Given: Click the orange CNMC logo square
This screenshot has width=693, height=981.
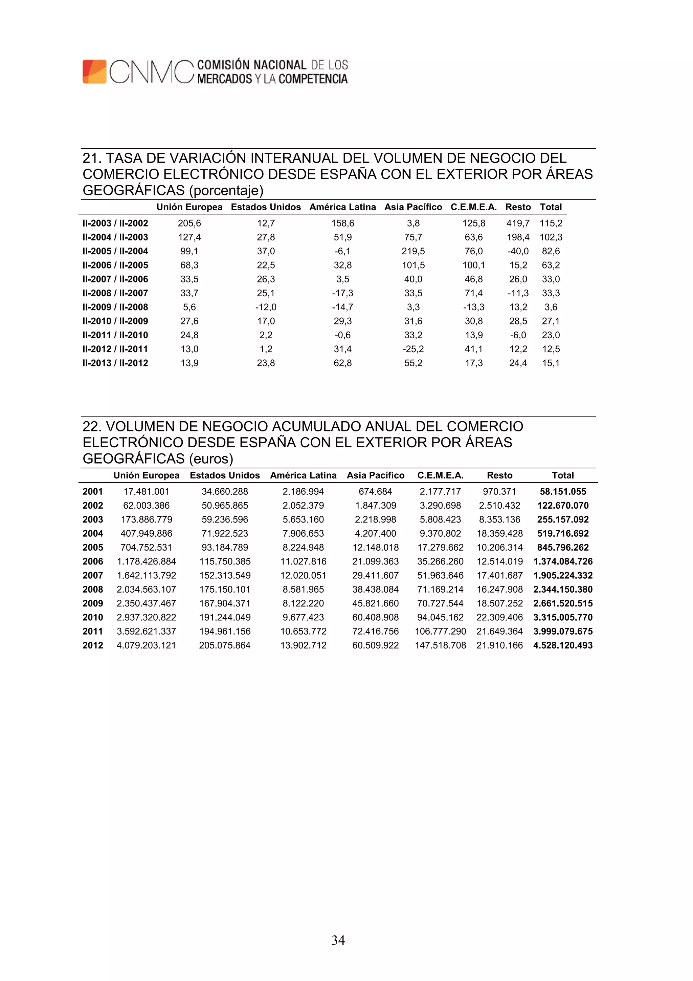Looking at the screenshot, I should tap(94, 71).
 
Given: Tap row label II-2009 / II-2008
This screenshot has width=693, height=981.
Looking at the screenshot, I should tap(115, 307).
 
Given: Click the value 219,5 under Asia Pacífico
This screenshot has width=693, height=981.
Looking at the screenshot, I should tap(413, 251).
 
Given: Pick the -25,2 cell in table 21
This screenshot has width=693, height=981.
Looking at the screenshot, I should tap(413, 349).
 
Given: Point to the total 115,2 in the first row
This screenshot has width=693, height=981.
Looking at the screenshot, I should tap(551, 223).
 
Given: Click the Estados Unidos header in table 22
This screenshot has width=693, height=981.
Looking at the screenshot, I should tap(225, 475).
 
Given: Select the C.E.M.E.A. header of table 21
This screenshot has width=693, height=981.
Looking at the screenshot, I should tap(473, 207).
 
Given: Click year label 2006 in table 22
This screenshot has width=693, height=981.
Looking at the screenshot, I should tap(93, 561).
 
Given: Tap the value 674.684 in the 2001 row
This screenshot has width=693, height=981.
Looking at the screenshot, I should tap(375, 491).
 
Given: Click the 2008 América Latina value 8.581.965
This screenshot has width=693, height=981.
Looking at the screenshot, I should tap(303, 589).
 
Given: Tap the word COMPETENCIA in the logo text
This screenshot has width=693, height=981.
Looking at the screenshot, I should tap(313, 79).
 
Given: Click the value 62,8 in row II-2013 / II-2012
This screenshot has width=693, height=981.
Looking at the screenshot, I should tap(342, 363).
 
